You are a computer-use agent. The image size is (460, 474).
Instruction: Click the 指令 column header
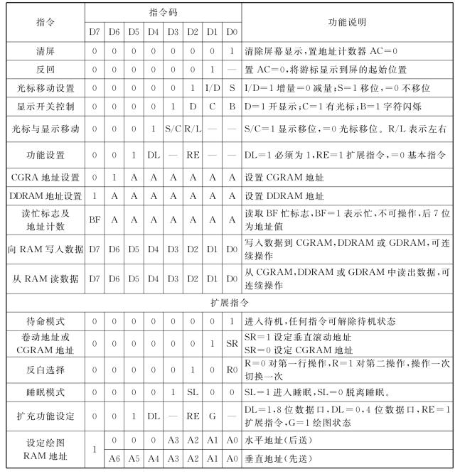[x=43, y=22]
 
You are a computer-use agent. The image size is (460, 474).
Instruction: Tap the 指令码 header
[x=163, y=12]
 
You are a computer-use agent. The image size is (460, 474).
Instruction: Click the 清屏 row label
[x=43, y=52]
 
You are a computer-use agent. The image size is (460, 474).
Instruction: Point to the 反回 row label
[x=43, y=70]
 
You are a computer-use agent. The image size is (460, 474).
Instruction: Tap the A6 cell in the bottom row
[x=114, y=458]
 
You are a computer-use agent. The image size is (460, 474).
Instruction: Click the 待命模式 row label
[x=43, y=321]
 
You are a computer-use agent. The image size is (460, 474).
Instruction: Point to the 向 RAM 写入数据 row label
[x=43, y=249]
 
